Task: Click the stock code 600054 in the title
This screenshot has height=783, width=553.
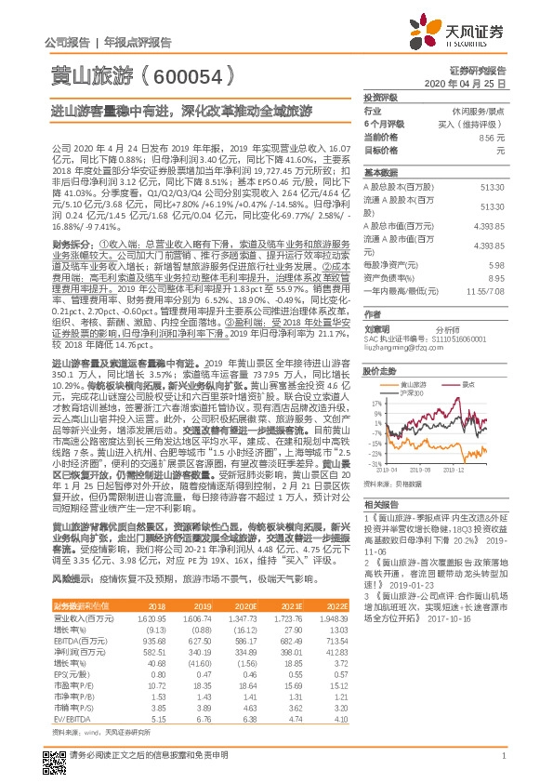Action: (192, 81)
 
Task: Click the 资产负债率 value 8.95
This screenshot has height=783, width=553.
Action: (496, 277)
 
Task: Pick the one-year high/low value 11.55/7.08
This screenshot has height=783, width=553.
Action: (487, 291)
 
